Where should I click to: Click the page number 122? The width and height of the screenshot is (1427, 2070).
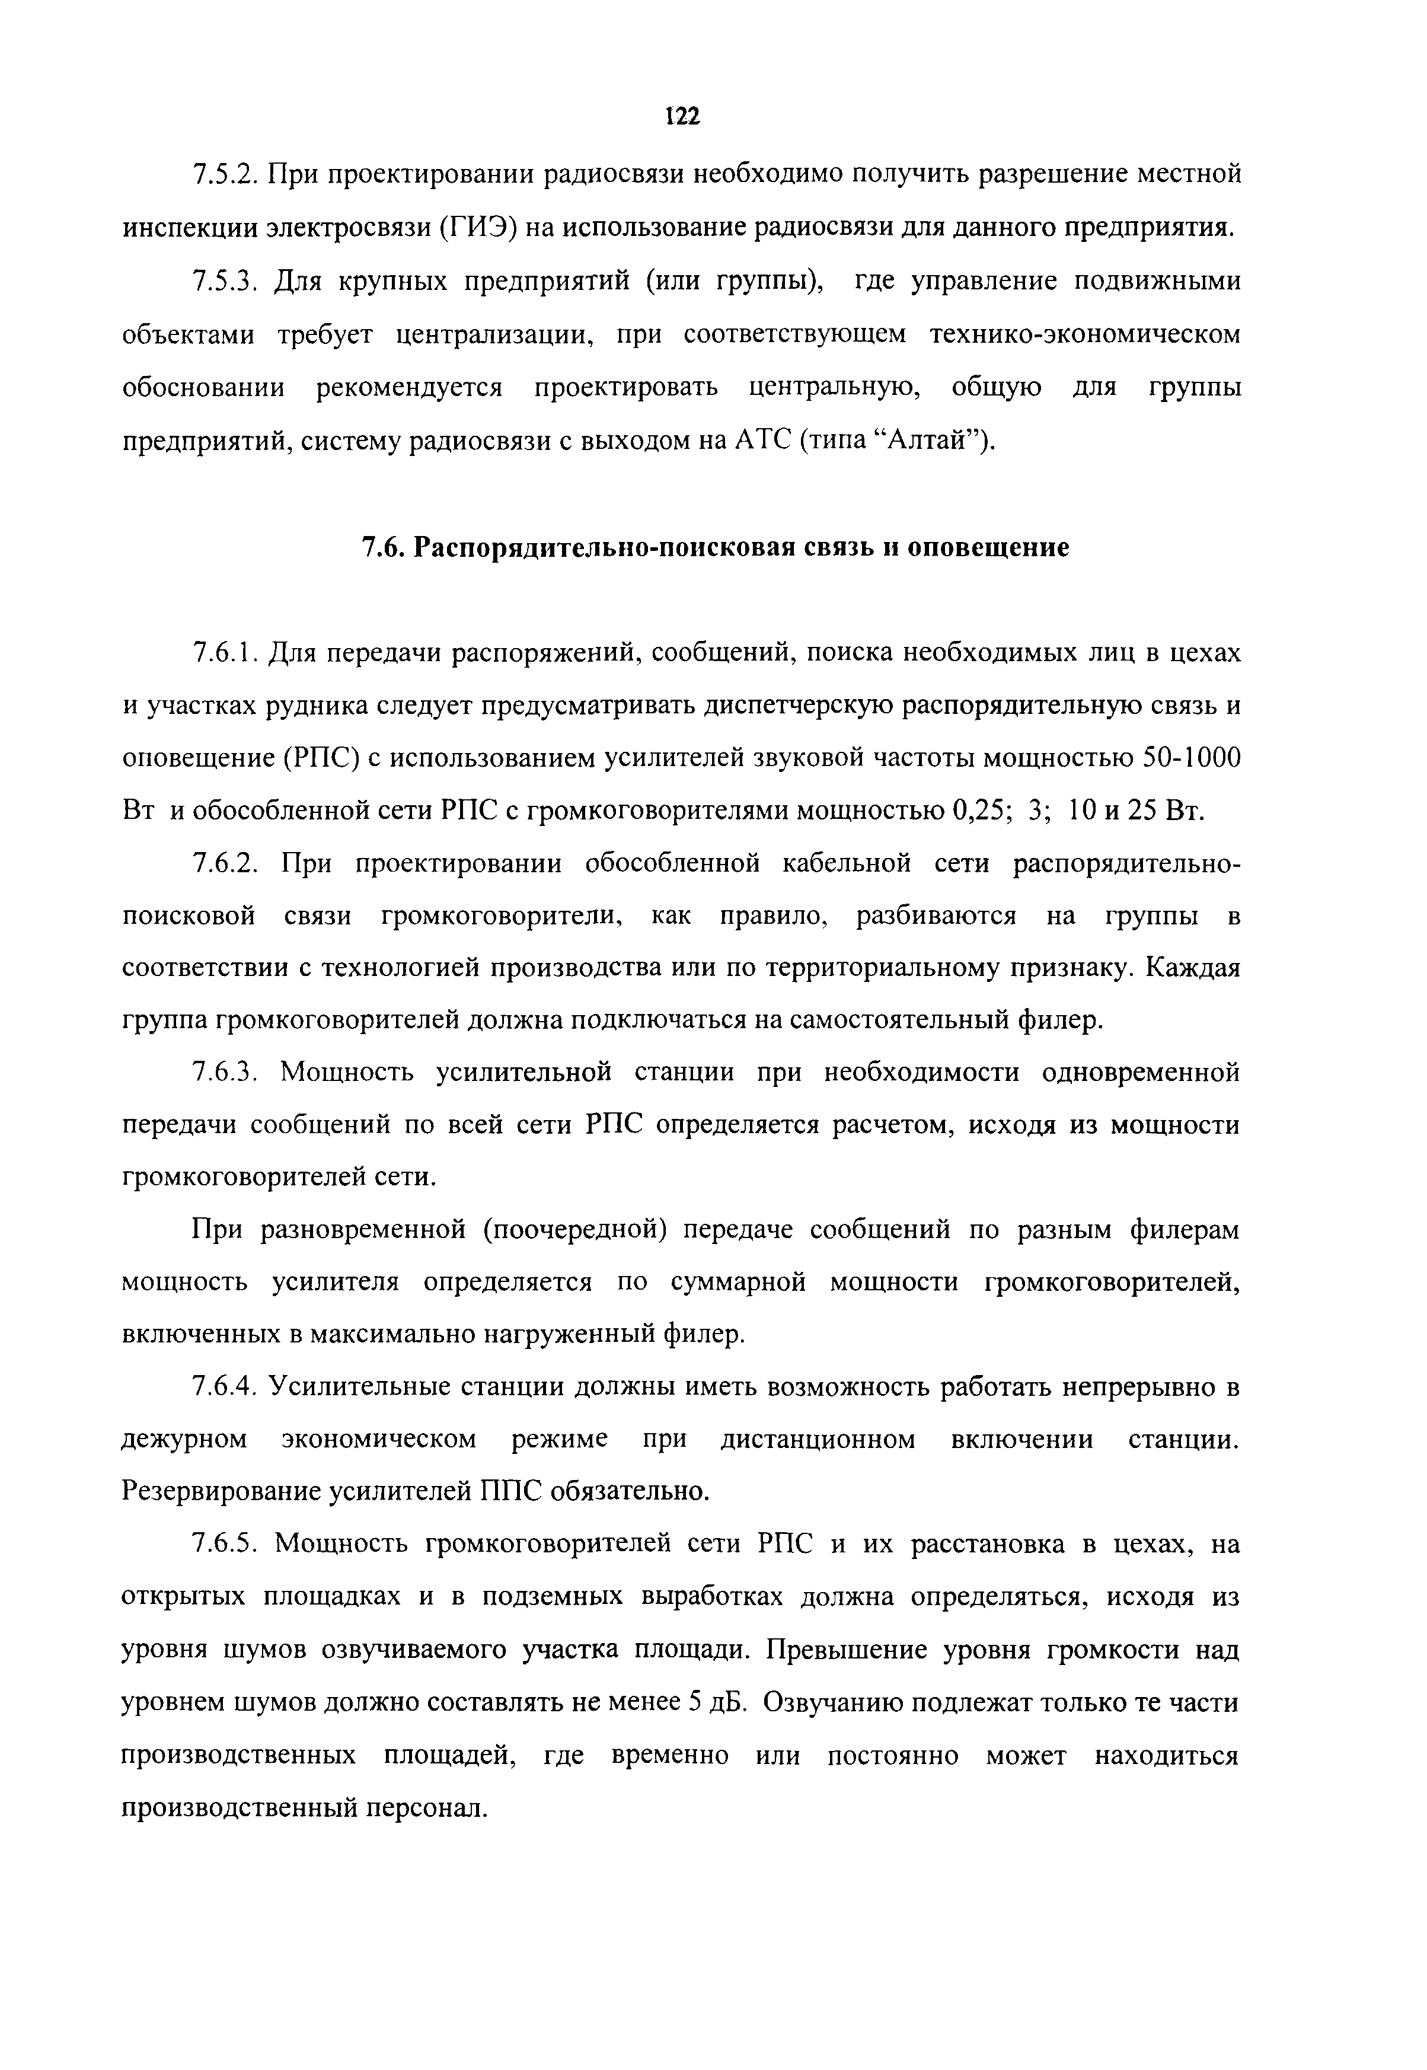click(682, 116)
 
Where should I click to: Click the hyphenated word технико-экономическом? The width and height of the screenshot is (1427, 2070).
click(1086, 334)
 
